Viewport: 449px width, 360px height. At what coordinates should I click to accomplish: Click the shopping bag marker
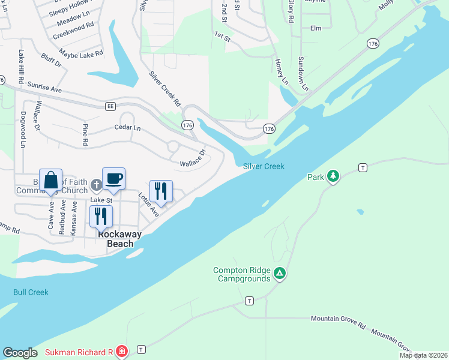[x=51, y=181]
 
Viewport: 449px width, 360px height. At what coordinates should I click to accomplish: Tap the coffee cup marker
[x=113, y=178]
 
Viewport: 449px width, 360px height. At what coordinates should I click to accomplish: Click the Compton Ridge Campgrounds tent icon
[x=279, y=274]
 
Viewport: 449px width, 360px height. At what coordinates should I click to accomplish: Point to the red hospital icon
[x=121, y=352]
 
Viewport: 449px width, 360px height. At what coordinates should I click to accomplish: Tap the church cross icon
[x=97, y=188]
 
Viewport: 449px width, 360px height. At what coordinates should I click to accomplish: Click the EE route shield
[x=110, y=106]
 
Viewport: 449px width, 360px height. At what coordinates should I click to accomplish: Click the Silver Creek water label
[x=264, y=166]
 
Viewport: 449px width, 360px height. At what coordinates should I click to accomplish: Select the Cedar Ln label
[x=127, y=128]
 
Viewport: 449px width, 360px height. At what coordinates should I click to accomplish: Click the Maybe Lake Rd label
[x=82, y=53]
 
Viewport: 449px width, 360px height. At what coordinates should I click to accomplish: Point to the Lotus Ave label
[x=148, y=204]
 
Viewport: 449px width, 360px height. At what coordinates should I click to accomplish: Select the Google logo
[x=20, y=352]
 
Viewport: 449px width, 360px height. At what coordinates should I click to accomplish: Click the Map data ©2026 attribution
[x=423, y=355]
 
